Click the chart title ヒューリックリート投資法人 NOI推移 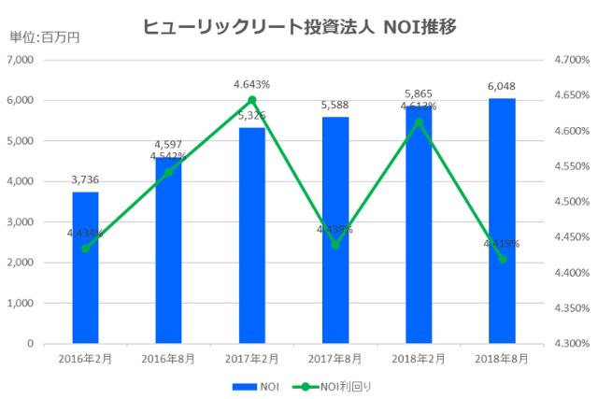click(x=299, y=27)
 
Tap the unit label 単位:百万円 click(x=44, y=37)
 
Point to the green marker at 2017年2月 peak click(x=252, y=100)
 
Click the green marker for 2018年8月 click(x=502, y=259)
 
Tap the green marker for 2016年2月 click(x=85, y=249)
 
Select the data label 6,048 click(x=502, y=87)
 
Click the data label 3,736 click(x=85, y=180)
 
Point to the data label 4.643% click(x=252, y=85)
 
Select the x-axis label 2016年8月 click(x=168, y=358)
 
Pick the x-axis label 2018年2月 click(x=419, y=358)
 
